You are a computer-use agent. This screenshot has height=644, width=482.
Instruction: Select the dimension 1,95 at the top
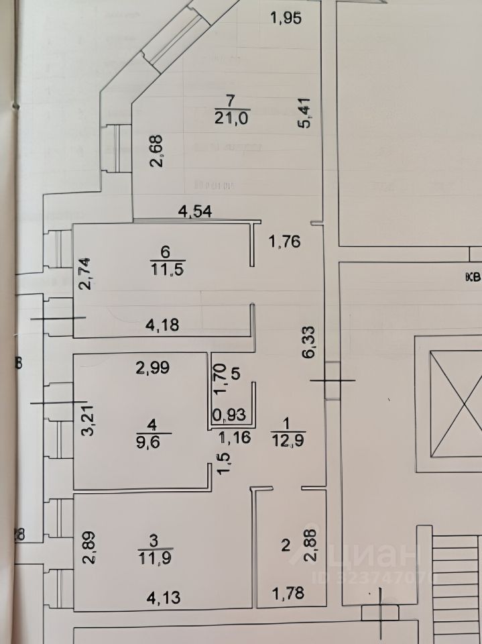pyautogui.click(x=286, y=18)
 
